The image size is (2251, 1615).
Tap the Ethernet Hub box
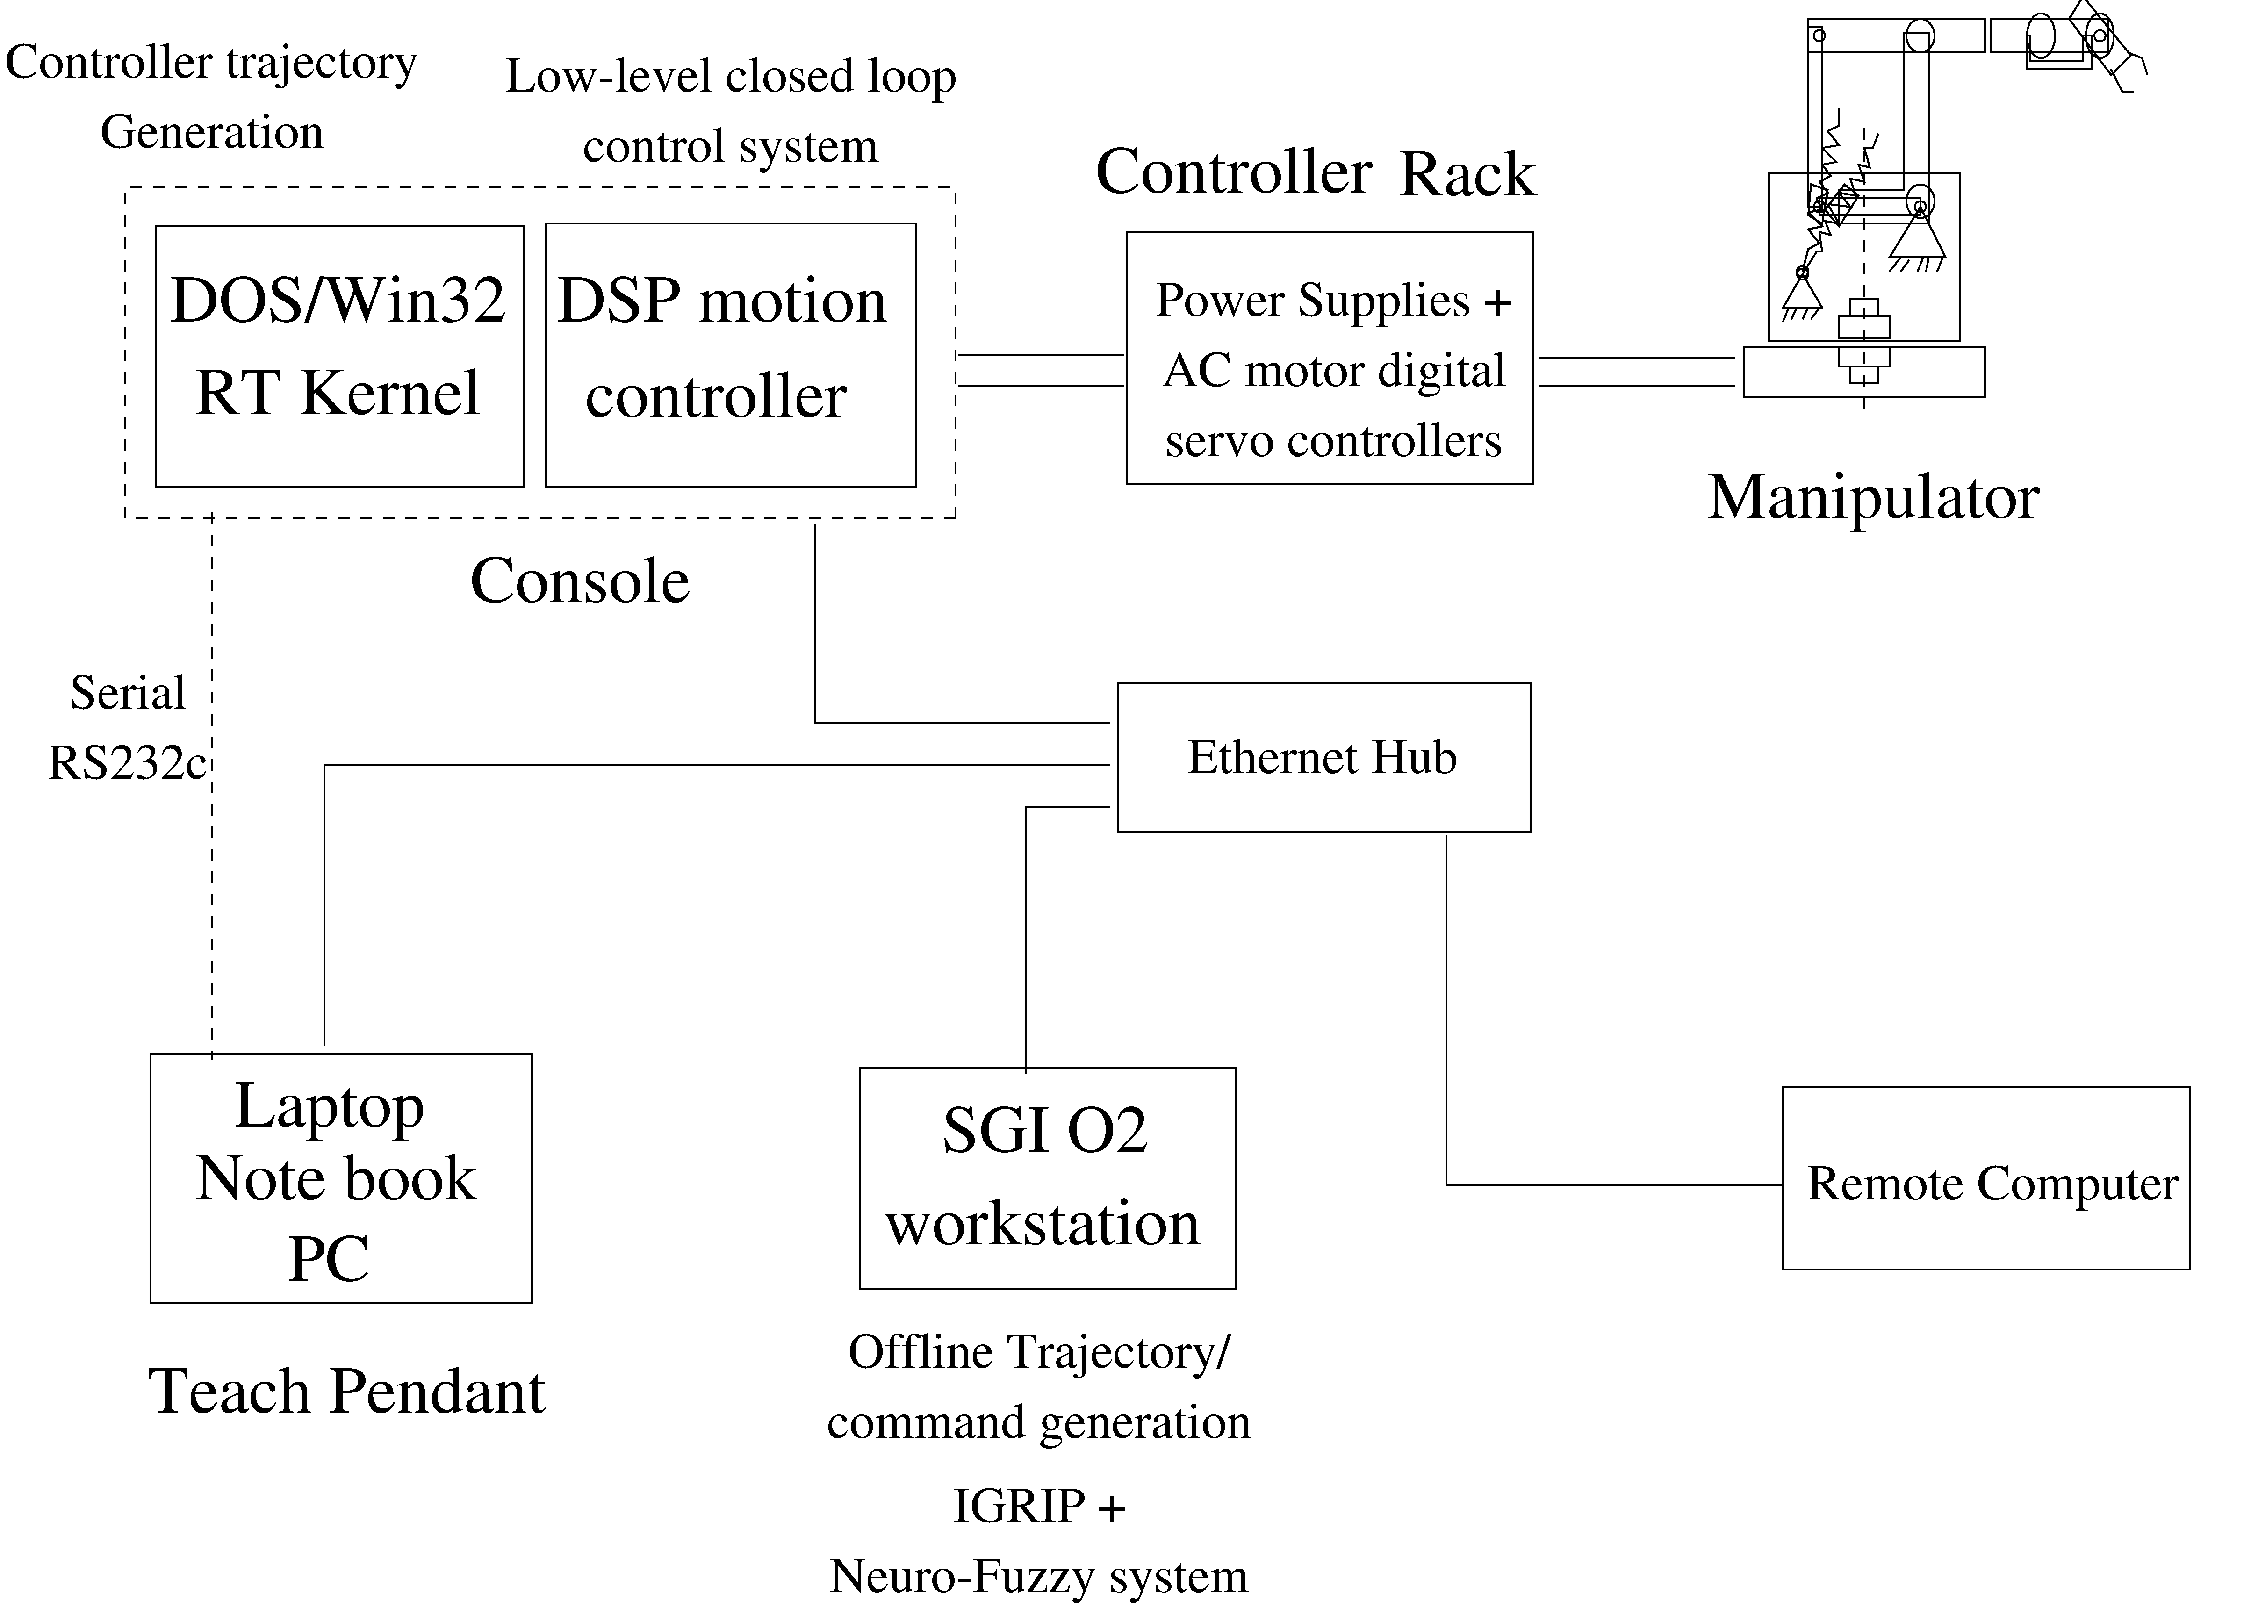1323,757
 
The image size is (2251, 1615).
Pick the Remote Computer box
1985,1178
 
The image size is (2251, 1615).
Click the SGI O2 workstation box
1047,1177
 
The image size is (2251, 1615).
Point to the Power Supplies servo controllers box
1329,359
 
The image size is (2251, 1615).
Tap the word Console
580,581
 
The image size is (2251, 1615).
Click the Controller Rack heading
1315,172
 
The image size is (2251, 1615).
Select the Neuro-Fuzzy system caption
1038,1576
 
